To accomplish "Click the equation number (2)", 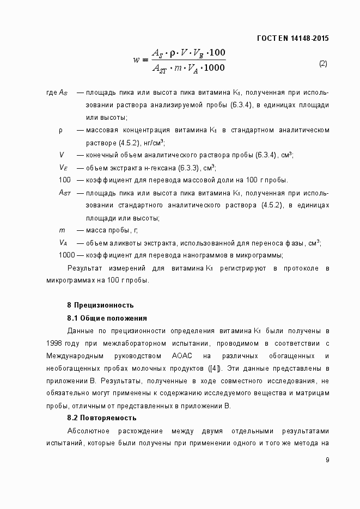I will pos(323,63).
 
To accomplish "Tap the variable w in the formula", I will pos(137,60).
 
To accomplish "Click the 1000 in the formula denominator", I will pos(213,68).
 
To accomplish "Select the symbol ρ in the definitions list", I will pos(61,130).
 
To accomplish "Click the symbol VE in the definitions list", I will pos(63,168).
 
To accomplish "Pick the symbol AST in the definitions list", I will pos(65,193).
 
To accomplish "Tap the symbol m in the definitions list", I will pos(62,230).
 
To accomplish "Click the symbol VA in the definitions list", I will pos(63,243).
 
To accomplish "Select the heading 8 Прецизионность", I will pos(100,305).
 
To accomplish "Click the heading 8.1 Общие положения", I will pos(107,318).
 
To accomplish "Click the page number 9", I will pos(327,460).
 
